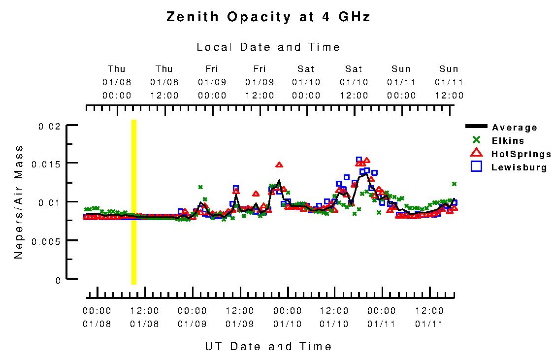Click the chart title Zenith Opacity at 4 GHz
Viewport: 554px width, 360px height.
(268, 17)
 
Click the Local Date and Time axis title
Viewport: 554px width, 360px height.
(268, 47)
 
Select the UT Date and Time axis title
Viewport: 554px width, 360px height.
(268, 347)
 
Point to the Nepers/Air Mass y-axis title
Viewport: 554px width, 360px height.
(19, 202)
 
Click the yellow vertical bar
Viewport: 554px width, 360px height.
(133, 202)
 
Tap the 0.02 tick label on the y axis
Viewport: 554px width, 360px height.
(49, 127)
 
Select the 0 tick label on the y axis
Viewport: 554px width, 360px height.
(58, 280)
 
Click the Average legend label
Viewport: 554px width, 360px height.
(515, 128)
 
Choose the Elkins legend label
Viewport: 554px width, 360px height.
(508, 141)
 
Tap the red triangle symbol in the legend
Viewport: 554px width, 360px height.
(476, 154)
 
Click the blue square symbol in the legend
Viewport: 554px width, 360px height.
(476, 166)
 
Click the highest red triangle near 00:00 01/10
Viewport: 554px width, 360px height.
(279, 165)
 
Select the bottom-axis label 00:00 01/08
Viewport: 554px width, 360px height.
(97, 317)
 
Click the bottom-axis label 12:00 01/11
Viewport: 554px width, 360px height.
(429, 317)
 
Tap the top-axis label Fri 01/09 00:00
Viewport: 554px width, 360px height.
(212, 82)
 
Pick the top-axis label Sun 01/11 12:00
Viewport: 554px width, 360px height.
(449, 82)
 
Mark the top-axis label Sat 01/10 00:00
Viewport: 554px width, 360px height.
(306, 82)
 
